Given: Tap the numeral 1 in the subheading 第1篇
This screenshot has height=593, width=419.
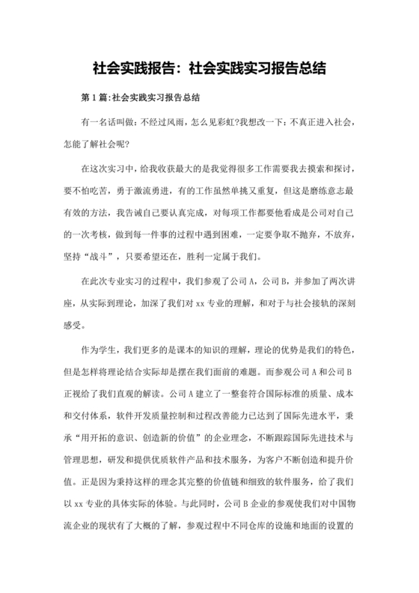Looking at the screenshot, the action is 94,98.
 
